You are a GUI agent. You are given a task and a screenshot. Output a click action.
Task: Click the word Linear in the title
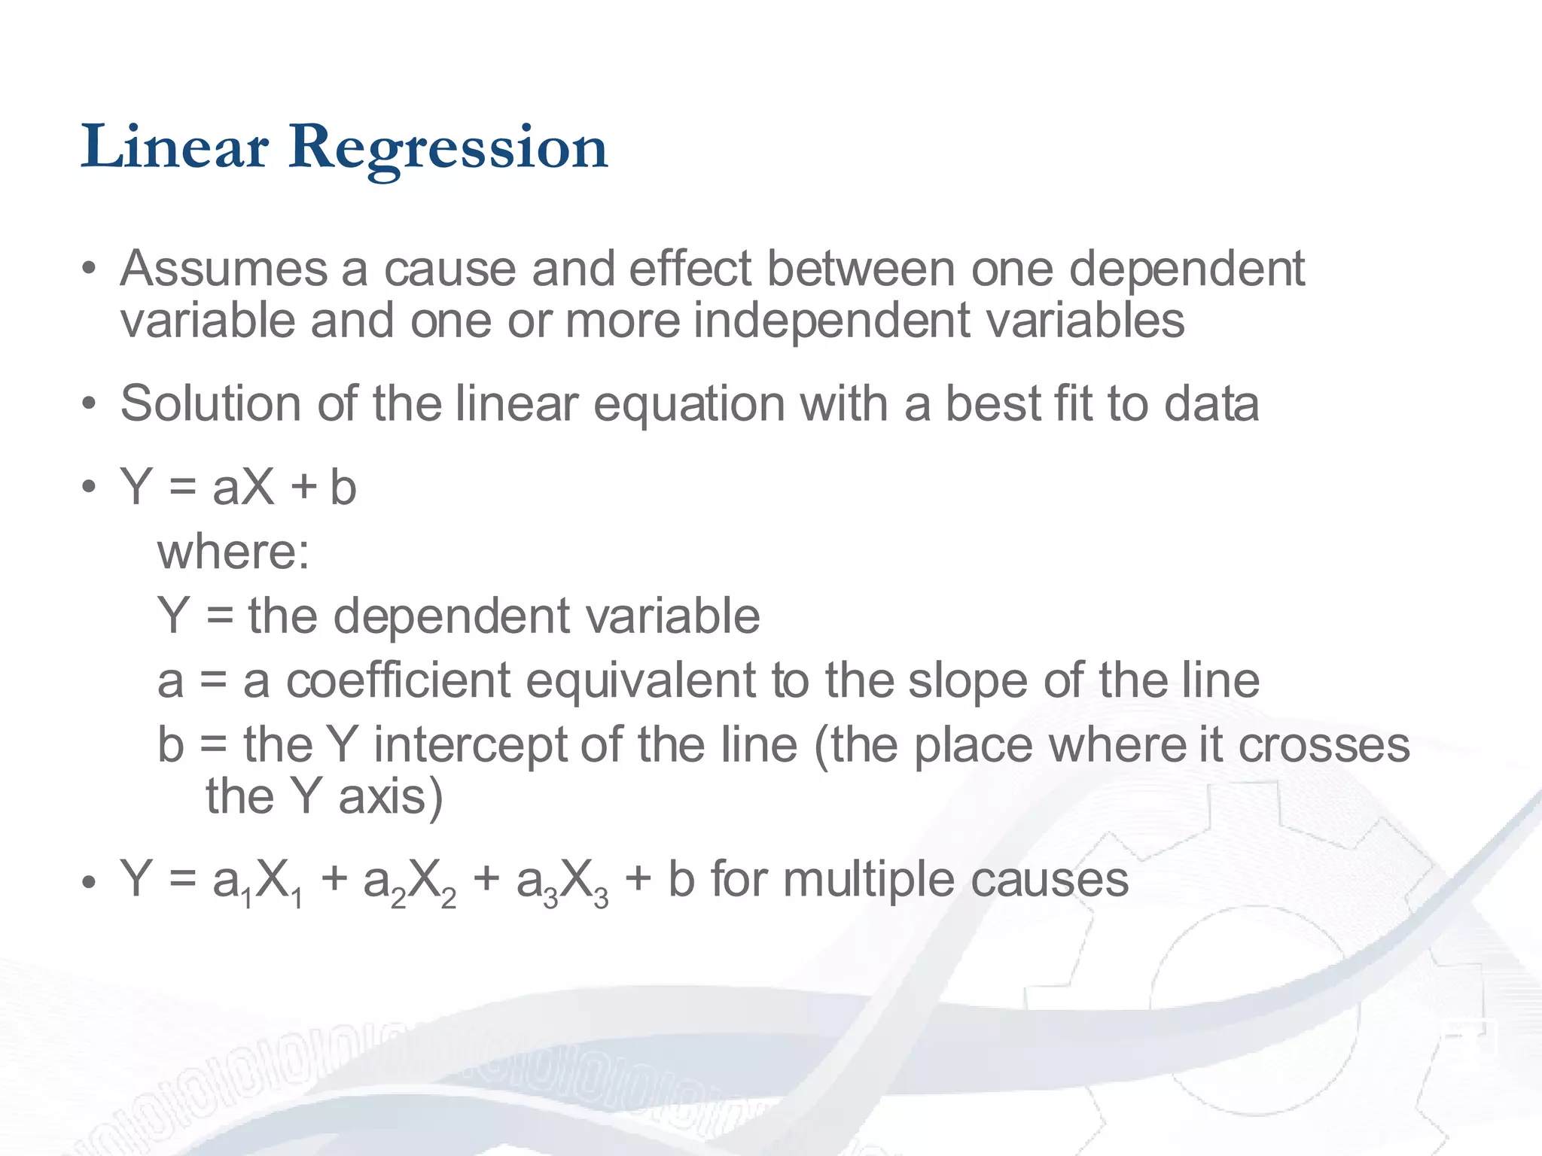pos(175,147)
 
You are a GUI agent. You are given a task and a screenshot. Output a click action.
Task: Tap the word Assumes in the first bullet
pos(224,269)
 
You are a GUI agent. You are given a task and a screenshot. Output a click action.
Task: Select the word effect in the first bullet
pos(690,269)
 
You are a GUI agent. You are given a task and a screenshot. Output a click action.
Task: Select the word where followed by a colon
pos(233,552)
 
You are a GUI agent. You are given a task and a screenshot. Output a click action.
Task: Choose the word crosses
pos(1323,745)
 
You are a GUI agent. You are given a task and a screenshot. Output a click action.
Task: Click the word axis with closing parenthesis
pos(390,796)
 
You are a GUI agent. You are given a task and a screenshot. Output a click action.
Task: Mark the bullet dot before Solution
pos(89,404)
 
